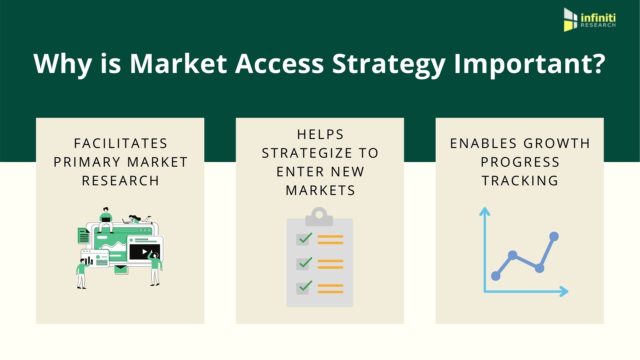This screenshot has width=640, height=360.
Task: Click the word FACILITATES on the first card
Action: tap(120, 144)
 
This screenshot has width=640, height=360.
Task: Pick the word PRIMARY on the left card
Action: tap(92, 163)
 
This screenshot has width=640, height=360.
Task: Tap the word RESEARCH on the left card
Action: tap(120, 182)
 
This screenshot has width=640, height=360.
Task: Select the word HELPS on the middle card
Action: tap(320, 134)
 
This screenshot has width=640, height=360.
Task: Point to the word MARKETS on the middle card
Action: tap(320, 191)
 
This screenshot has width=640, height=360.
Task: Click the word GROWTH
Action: tap(559, 144)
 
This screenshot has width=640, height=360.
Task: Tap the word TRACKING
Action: tap(519, 182)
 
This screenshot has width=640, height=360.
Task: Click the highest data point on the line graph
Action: tap(555, 237)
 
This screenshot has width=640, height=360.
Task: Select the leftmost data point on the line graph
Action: tap(495, 275)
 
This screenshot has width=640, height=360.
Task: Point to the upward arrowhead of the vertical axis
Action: tap(483, 211)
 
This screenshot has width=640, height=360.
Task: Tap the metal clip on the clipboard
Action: tap(320, 215)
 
